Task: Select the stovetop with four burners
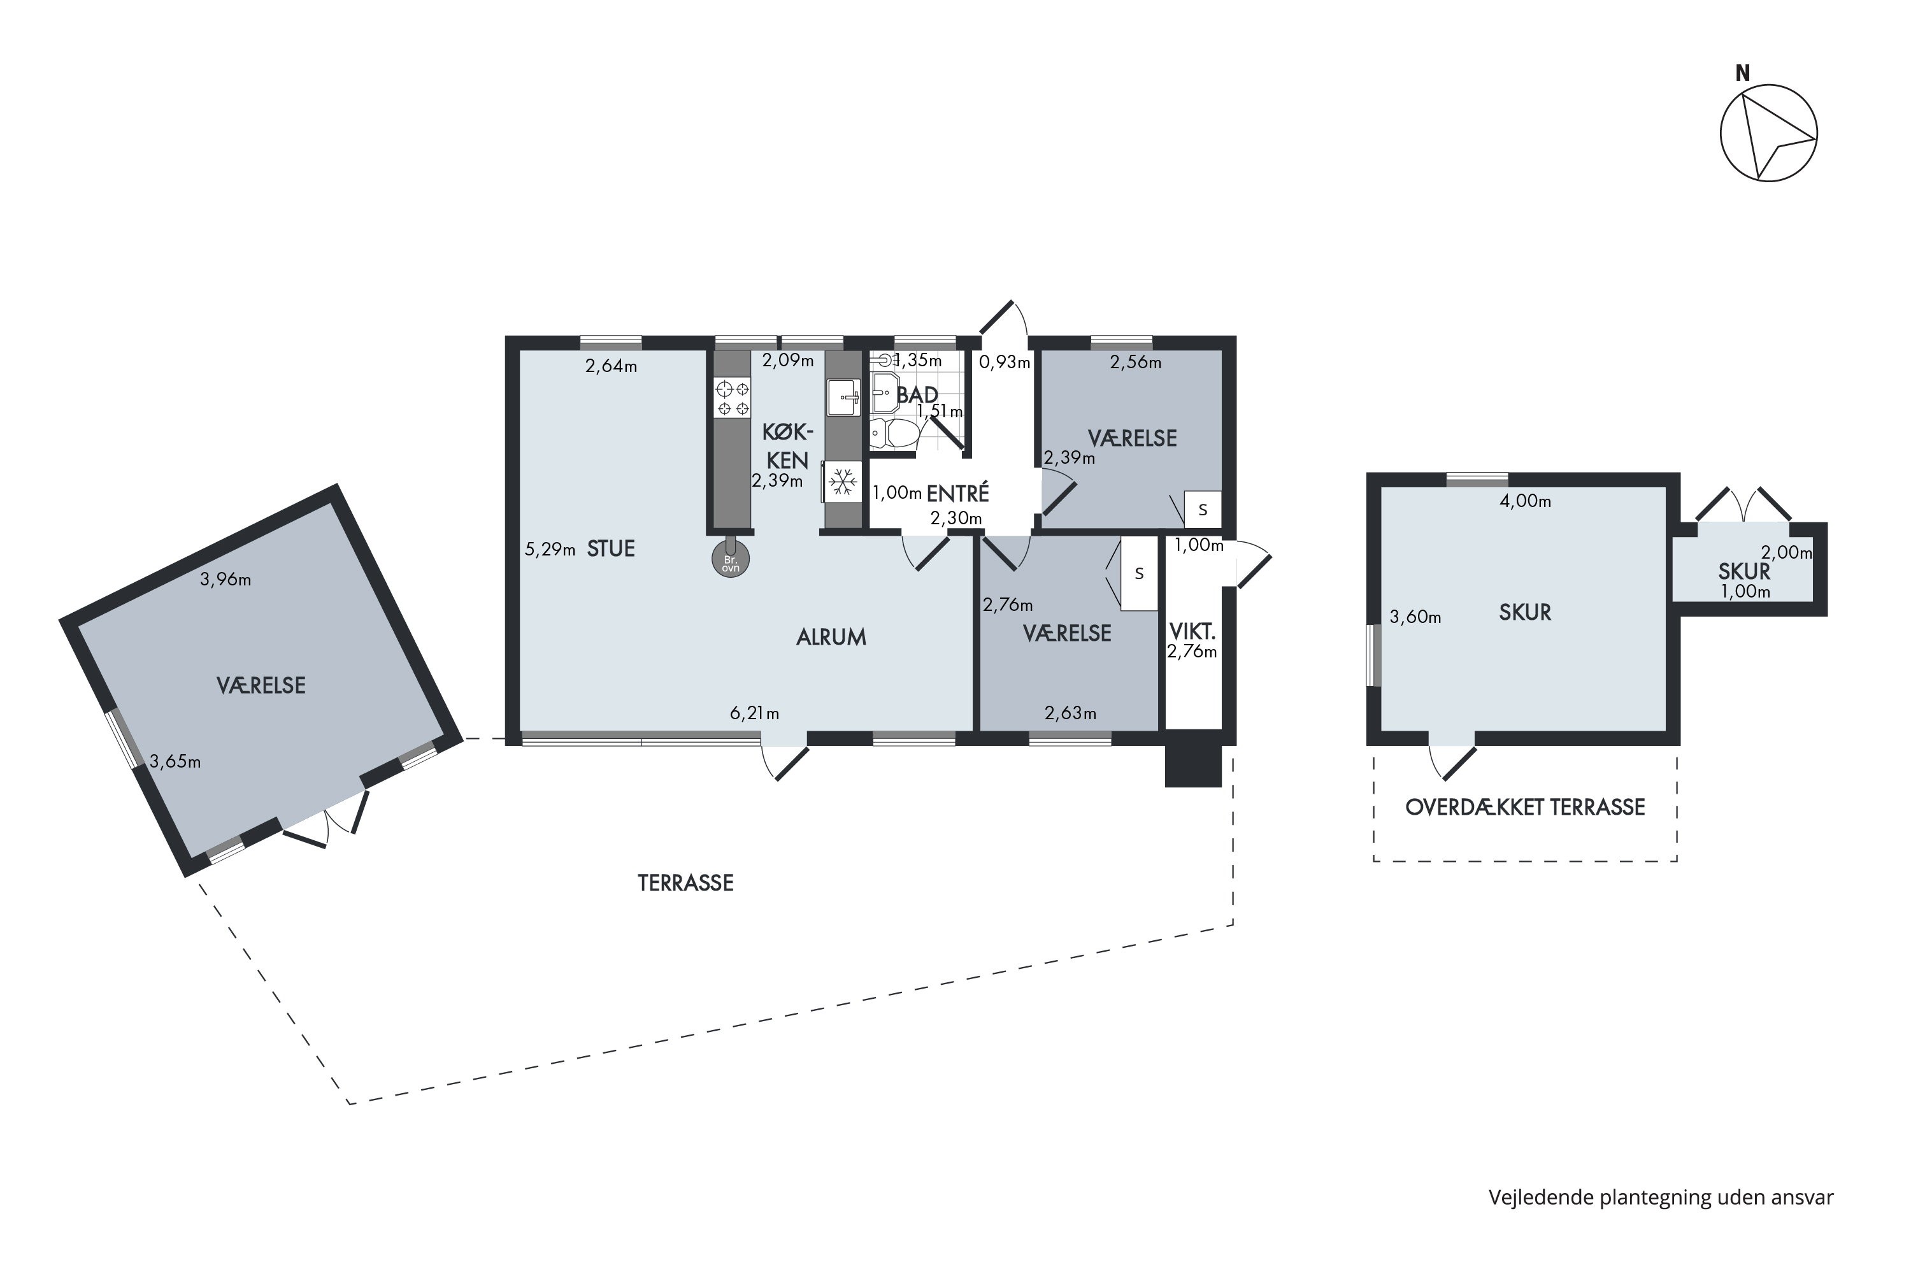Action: tap(732, 398)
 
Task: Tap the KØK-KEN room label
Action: tap(787, 445)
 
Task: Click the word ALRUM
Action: tap(831, 637)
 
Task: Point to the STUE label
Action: tap(611, 548)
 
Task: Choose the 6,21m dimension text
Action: tap(755, 713)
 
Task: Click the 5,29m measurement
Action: tap(550, 549)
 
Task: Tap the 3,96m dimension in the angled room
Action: tap(226, 579)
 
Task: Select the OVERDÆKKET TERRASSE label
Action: tap(1525, 807)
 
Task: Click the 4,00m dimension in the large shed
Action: tap(1525, 501)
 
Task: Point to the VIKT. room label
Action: tap(1192, 631)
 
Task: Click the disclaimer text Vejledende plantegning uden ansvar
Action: tap(1661, 1197)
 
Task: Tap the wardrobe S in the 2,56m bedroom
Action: tap(1203, 510)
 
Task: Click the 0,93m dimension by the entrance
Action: tap(1005, 362)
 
